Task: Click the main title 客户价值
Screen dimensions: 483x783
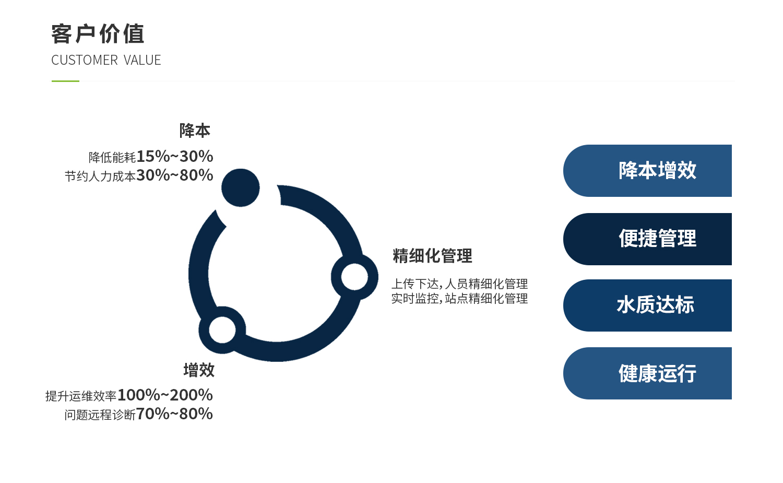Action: pyautogui.click(x=98, y=34)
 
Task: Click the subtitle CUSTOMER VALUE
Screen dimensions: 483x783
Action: pyautogui.click(x=106, y=61)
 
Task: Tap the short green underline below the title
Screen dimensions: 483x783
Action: pyautogui.click(x=65, y=81)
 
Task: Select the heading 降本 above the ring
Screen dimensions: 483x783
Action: pyautogui.click(x=195, y=131)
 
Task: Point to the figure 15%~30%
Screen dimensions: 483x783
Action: pyautogui.click(x=175, y=156)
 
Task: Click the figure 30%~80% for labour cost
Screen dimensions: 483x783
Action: pyautogui.click(x=175, y=175)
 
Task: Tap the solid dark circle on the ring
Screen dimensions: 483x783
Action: pyautogui.click(x=241, y=187)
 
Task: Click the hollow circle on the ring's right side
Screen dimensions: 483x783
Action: pyautogui.click(x=354, y=277)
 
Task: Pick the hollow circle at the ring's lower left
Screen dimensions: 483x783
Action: pyautogui.click(x=222, y=330)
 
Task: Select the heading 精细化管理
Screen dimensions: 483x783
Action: pyautogui.click(x=432, y=256)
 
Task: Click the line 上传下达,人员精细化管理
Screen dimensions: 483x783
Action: pyautogui.click(x=459, y=284)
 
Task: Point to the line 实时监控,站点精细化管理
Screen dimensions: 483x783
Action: pyautogui.click(x=459, y=299)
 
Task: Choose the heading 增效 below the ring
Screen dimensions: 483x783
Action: pyautogui.click(x=199, y=370)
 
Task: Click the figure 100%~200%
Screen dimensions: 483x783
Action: pyautogui.click(x=165, y=395)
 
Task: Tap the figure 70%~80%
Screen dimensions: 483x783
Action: pyautogui.click(x=174, y=414)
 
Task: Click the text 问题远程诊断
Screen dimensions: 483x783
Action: pyautogui.click(x=100, y=415)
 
